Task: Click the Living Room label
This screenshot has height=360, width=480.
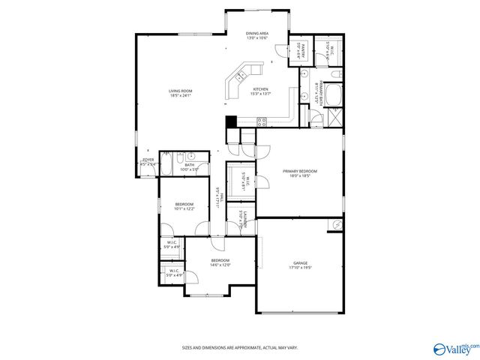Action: (x=180, y=91)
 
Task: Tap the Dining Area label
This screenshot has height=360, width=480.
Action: (x=257, y=34)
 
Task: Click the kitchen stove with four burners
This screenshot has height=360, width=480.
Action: (x=262, y=121)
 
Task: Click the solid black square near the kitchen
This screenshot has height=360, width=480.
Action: (x=231, y=121)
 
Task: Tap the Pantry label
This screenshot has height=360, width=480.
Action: (x=298, y=49)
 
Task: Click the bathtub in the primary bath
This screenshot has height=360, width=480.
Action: (x=333, y=95)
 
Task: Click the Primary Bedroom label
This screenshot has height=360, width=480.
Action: (x=300, y=171)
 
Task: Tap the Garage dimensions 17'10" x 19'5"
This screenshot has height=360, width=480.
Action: (x=300, y=268)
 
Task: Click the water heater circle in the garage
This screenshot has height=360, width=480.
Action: (x=336, y=224)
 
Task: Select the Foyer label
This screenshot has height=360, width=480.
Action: (x=148, y=160)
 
